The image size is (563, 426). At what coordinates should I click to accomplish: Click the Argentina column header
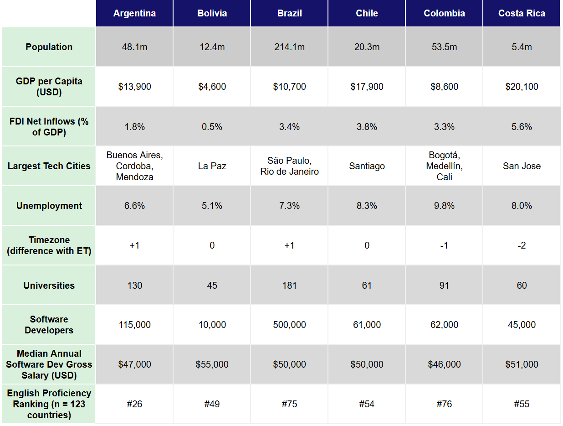coord(134,13)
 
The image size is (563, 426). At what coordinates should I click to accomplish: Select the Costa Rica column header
coord(522,13)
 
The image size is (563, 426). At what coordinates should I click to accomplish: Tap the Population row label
coord(49,47)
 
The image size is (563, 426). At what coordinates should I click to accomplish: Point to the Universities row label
coord(49,286)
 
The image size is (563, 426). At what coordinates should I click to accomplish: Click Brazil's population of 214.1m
coord(289,47)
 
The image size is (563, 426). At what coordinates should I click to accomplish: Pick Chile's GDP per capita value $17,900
coord(367,87)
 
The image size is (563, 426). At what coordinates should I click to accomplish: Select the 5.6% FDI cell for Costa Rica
coord(522,127)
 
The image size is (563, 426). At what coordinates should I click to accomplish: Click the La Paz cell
coord(212,166)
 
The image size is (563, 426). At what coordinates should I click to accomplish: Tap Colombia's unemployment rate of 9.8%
coord(444,206)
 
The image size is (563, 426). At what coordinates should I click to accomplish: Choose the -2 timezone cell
coord(522,245)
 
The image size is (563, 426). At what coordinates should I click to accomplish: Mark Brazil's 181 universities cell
coord(289,286)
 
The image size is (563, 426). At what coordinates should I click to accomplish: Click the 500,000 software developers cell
coord(289,325)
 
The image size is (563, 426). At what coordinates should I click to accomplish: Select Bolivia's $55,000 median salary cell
coord(212,364)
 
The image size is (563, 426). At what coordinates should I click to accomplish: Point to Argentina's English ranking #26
coord(134,404)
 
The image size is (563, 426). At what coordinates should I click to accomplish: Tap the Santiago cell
coord(367,166)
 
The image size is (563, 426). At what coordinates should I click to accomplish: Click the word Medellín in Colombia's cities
coord(444,166)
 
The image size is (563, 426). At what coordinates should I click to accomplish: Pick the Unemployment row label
coord(49,206)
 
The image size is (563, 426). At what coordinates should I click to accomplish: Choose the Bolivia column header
coord(212,13)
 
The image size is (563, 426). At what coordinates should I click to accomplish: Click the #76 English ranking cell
coord(444,404)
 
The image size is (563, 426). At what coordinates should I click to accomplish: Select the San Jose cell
coord(522,166)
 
